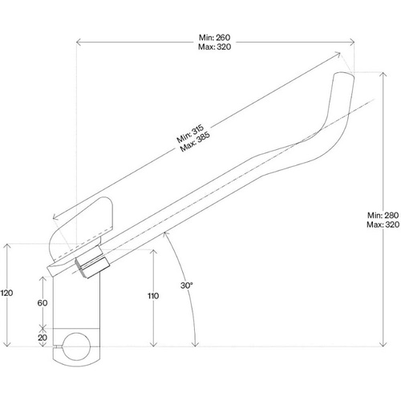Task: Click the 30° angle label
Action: [186, 286]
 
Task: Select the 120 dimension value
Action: [7, 294]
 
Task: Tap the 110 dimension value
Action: [152, 296]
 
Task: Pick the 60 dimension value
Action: [43, 303]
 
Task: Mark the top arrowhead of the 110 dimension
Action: [152, 249]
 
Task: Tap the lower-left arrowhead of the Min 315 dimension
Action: [53, 217]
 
